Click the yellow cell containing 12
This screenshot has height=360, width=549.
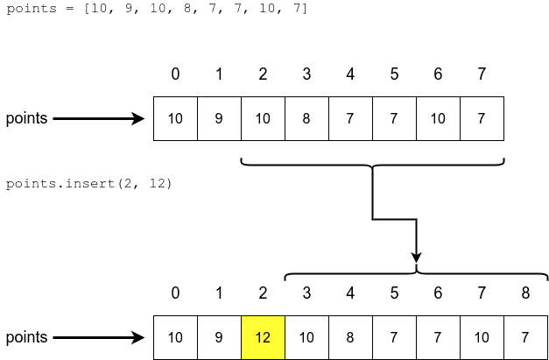point(263,337)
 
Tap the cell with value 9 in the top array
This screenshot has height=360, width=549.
point(219,118)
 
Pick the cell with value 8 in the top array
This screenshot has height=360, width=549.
point(306,118)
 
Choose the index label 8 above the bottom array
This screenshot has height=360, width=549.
point(525,293)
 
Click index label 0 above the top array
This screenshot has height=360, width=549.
point(175,74)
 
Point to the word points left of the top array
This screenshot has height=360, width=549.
point(26,118)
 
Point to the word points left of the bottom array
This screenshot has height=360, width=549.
point(26,337)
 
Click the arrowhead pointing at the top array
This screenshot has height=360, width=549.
point(137,118)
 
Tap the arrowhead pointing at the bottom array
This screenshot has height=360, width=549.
point(137,337)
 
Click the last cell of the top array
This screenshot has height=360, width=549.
point(482,118)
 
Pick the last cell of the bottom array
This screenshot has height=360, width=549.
point(525,337)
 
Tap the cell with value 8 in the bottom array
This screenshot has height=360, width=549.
point(350,337)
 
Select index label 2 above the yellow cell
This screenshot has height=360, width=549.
point(263,293)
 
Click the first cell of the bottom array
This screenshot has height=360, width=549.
point(175,337)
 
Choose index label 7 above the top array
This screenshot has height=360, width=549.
point(482,74)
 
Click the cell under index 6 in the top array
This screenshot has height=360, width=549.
point(438,118)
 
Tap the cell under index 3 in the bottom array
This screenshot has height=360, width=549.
point(306,337)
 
